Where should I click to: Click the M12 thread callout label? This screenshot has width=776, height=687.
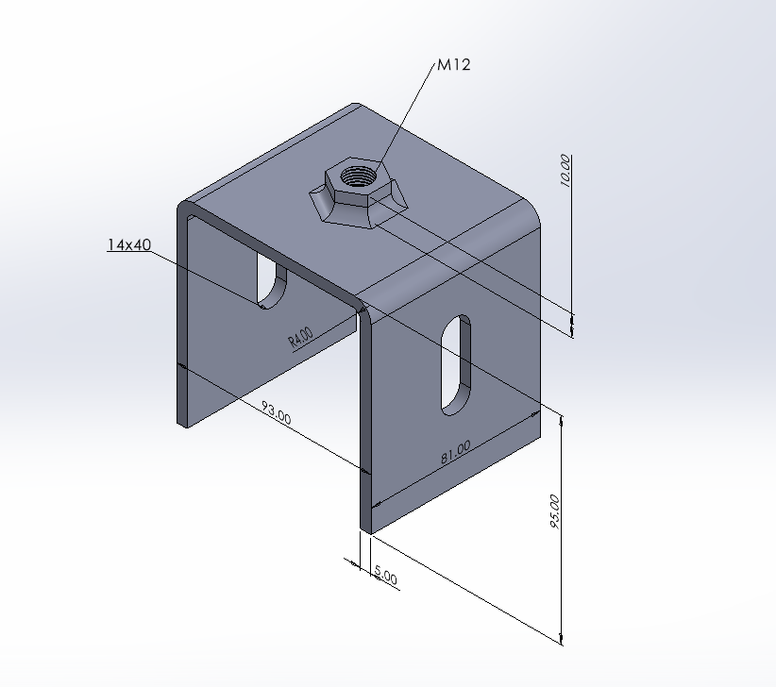453,65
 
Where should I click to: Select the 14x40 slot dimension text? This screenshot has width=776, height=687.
128,245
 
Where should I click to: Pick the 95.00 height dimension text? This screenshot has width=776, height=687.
554,511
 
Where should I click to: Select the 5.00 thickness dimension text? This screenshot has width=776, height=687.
386,573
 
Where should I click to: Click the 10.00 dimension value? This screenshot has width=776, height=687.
565,172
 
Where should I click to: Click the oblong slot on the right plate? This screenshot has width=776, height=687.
455,363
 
